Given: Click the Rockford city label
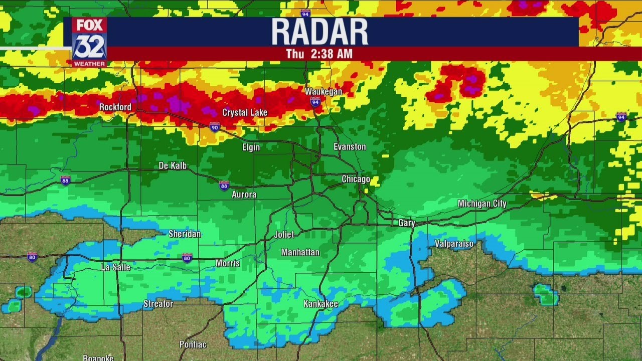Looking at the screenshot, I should click(x=115, y=107).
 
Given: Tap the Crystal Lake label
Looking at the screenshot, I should click(x=245, y=112).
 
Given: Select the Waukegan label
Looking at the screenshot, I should click(x=324, y=91).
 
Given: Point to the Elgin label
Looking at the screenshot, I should click(x=251, y=147).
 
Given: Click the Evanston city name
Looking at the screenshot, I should click(x=350, y=146).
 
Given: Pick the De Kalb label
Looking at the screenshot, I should click(x=173, y=165).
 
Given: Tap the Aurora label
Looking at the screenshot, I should click(x=244, y=194).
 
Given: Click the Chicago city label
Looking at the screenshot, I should click(x=356, y=179).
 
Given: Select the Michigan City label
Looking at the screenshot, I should click(x=482, y=203).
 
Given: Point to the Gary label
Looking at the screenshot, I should click(x=406, y=223).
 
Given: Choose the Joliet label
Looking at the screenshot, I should click(x=284, y=234).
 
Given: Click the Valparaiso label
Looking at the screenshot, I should click(x=454, y=244).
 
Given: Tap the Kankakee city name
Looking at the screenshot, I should click(x=320, y=303).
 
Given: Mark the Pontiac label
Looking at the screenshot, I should click(x=193, y=344).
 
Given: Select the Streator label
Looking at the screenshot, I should click(x=158, y=303).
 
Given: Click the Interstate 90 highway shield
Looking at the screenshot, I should click(x=215, y=127).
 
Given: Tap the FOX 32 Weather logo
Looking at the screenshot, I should click(x=89, y=42).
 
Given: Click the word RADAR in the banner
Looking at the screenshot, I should click(x=319, y=32).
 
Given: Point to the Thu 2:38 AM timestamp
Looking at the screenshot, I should click(x=319, y=54).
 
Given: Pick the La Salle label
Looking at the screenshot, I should click(x=116, y=267).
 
